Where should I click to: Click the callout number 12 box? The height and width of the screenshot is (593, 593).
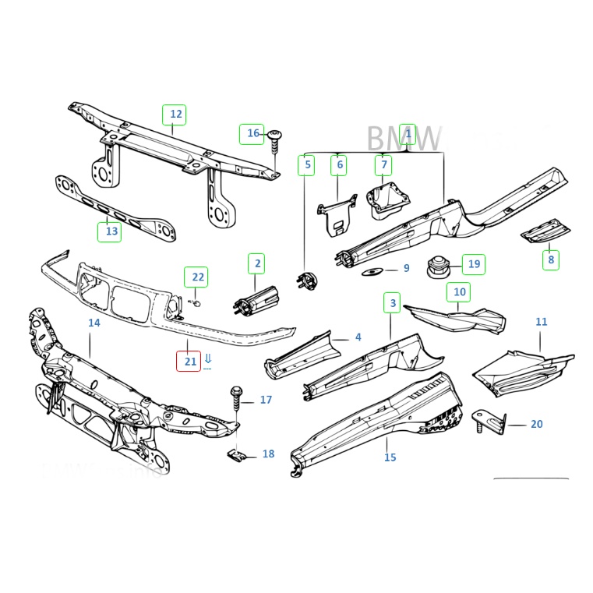175,115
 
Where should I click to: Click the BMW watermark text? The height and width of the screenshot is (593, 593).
404,139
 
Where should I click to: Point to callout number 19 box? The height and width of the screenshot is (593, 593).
472,264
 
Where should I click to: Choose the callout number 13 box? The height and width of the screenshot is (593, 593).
110,231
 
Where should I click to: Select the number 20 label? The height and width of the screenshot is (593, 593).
536,424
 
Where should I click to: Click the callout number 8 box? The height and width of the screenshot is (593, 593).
551,259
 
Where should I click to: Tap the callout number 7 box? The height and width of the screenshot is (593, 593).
382,165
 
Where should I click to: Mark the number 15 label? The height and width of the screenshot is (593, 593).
390,457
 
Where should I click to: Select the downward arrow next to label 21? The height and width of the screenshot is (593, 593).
208,360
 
